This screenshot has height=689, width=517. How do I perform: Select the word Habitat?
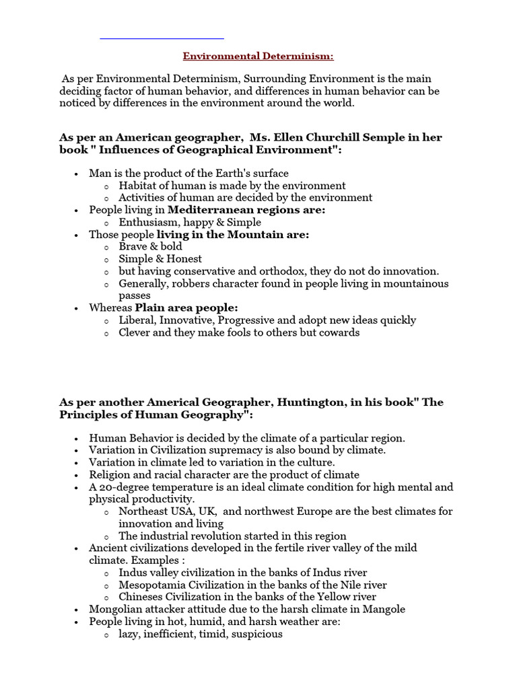click(137, 185)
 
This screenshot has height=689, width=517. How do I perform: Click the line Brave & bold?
click(151, 246)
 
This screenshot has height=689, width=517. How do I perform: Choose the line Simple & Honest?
click(160, 258)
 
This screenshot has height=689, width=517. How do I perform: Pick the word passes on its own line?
click(135, 295)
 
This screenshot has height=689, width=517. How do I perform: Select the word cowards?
click(339, 332)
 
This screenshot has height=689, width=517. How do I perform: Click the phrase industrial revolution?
click(185, 536)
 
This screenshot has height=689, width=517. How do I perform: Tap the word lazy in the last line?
click(130, 634)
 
